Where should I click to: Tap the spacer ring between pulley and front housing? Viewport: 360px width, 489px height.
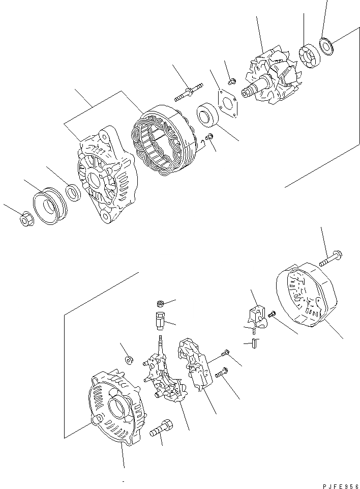73,192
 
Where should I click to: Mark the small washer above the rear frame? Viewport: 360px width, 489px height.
129,360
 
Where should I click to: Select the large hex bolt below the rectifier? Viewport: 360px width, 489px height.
162,427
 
